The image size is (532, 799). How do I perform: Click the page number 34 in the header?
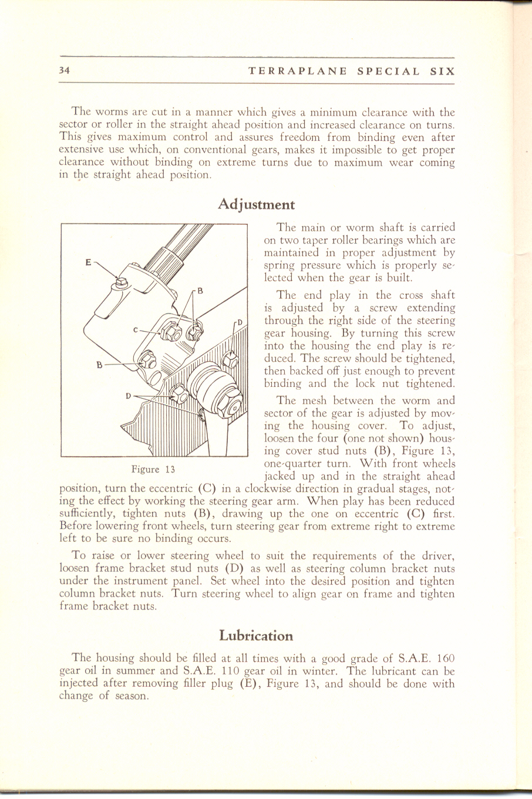(65, 71)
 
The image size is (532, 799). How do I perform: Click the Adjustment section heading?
(256, 205)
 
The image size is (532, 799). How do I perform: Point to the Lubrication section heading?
(256, 635)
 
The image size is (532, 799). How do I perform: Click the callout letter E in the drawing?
(88, 262)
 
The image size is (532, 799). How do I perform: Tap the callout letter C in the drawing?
(135, 330)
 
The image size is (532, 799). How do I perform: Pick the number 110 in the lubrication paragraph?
(227, 670)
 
